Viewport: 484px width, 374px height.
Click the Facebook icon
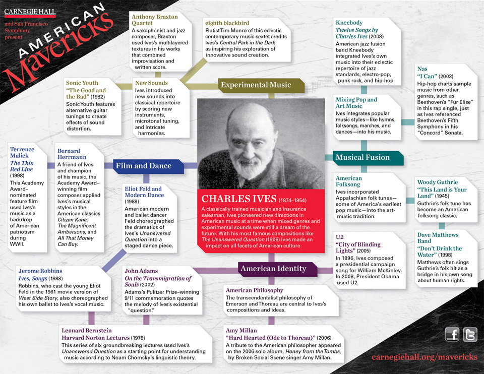(x=452, y=334)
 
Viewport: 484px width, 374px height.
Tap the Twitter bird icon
(x=469, y=334)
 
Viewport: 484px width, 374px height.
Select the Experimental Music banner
(x=256, y=85)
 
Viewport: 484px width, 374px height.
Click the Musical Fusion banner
(x=362, y=157)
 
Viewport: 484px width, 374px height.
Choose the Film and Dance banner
(x=143, y=165)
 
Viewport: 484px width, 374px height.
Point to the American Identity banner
(x=273, y=269)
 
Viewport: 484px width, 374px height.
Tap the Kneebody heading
(x=349, y=23)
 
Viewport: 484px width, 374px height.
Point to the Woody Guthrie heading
(x=437, y=182)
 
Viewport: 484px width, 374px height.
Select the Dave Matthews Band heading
(x=438, y=238)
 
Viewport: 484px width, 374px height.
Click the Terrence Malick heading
(x=22, y=153)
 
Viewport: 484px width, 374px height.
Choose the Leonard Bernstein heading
(x=88, y=331)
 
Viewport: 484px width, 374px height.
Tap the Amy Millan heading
(x=241, y=331)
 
